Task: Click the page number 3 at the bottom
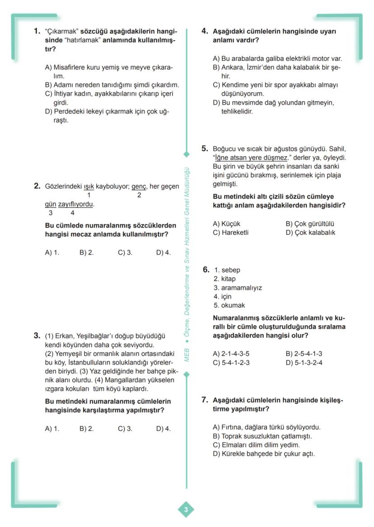(186, 510)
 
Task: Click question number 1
(37, 32)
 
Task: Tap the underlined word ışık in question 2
(89, 186)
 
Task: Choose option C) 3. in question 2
(125, 253)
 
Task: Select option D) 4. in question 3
(163, 429)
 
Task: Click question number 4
(204, 32)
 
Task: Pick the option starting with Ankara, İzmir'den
(276, 68)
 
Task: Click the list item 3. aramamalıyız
(238, 288)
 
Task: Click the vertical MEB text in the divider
(186, 355)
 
